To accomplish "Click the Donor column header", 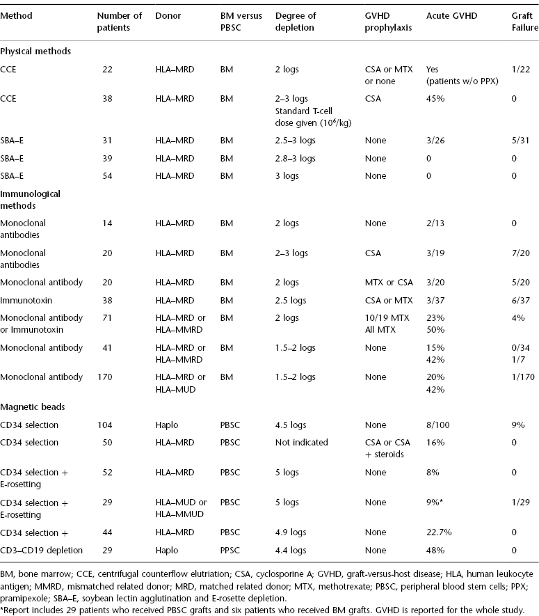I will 168,15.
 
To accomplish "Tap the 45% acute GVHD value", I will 434,98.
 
